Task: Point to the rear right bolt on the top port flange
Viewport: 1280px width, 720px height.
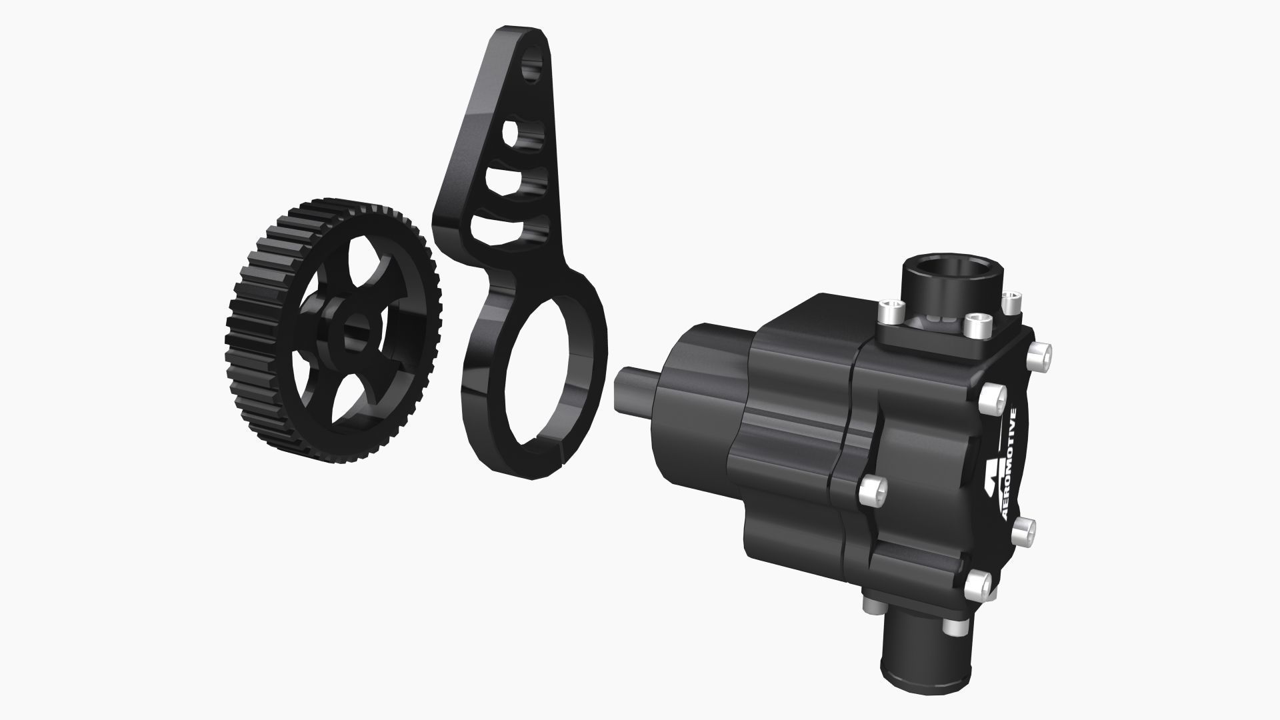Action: [1013, 299]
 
